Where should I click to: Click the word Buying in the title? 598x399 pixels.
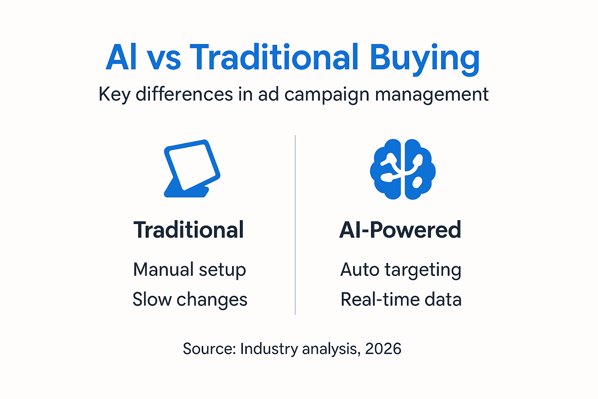point(424,58)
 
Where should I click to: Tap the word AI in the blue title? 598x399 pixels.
point(121,58)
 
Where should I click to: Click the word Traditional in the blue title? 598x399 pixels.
point(274,58)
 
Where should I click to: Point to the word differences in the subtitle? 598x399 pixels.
point(184,94)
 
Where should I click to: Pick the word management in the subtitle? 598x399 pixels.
point(432,95)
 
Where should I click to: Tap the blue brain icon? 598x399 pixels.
point(403,169)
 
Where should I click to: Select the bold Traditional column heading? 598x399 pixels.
point(189,230)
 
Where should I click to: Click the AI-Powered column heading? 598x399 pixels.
point(400,230)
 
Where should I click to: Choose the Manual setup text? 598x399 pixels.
point(190,270)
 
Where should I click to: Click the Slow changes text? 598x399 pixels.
point(190,300)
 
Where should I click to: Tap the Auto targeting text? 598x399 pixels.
point(401,270)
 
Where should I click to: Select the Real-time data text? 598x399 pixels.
point(401,300)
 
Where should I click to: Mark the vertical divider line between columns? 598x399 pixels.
point(295,225)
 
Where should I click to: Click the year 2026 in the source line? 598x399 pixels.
point(383,349)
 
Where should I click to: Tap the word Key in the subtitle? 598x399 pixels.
point(114,95)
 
